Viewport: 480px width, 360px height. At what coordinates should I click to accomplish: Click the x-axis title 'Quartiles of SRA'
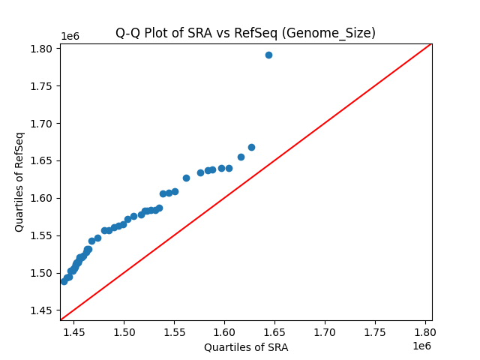pos(246,347)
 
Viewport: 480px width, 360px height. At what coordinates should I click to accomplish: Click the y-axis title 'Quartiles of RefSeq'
pos(19,181)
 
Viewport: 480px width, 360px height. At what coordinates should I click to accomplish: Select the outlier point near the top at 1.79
pos(268,55)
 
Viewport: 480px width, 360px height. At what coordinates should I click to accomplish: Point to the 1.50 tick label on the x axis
pos(124,331)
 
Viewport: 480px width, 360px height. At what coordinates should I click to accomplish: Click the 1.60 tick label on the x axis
pos(224,331)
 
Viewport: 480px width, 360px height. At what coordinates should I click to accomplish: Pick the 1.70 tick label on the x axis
pos(325,331)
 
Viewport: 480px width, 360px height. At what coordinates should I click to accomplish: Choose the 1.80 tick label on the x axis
pos(425,331)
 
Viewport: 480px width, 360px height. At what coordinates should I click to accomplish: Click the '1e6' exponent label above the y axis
pos(70,36)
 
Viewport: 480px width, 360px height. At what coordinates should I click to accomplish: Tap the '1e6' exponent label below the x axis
pos(421,346)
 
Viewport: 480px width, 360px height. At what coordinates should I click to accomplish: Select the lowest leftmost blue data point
pos(64,281)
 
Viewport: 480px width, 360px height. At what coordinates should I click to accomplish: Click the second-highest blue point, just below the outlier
pos(251,147)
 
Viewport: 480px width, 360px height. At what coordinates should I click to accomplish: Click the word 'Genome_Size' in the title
pos(337,33)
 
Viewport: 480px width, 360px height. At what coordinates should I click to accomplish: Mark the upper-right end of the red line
pos(431,43)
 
